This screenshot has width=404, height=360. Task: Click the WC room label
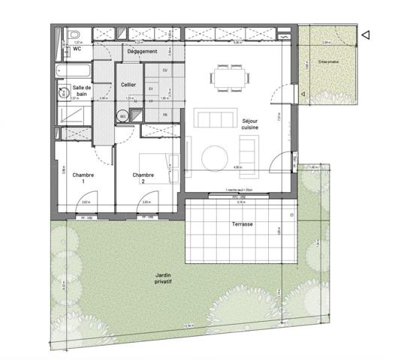point(77,49)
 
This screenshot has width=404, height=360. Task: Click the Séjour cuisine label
point(250,124)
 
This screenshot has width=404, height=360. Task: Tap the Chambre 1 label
point(83,178)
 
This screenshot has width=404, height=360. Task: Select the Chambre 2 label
point(143,178)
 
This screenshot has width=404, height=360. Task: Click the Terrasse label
point(242,224)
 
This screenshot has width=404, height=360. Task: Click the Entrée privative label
point(328,61)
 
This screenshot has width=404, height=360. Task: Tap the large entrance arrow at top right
point(364,34)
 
